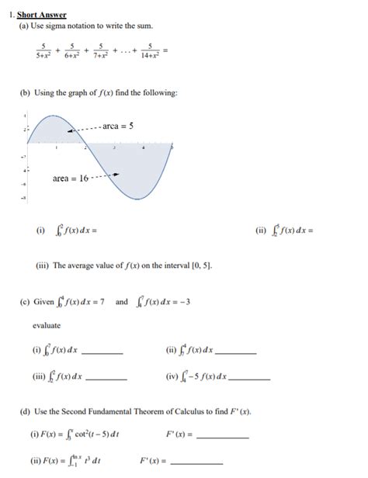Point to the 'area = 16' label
point(69,178)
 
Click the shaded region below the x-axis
point(140,167)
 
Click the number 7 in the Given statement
point(102,302)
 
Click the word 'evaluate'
point(46,326)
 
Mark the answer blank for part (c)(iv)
point(250,379)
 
